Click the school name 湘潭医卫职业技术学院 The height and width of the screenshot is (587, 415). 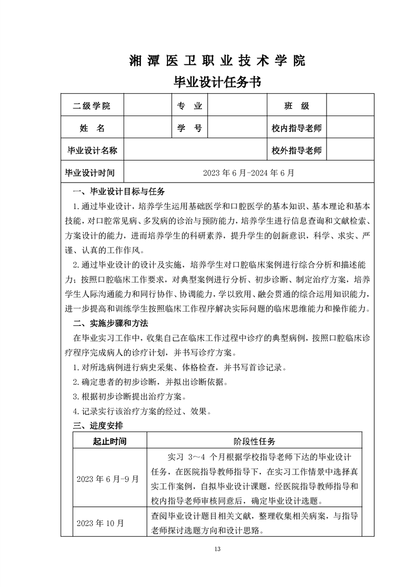click(217, 61)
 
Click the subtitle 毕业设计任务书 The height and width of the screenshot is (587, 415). click(217, 82)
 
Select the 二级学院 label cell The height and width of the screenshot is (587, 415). click(92, 106)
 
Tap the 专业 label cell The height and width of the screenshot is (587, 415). click(189, 106)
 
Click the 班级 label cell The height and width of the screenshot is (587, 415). click(297, 106)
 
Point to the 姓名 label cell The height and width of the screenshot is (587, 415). click(92, 128)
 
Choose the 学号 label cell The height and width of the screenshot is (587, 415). click(189, 128)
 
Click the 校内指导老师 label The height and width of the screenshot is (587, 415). click(297, 128)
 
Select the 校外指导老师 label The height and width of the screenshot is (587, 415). click(297, 151)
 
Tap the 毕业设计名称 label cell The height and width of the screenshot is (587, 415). click(92, 151)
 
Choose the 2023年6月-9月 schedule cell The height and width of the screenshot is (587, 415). click(108, 479)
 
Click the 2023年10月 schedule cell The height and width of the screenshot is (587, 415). click(100, 523)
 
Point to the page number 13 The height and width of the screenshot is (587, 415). click(218, 549)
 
